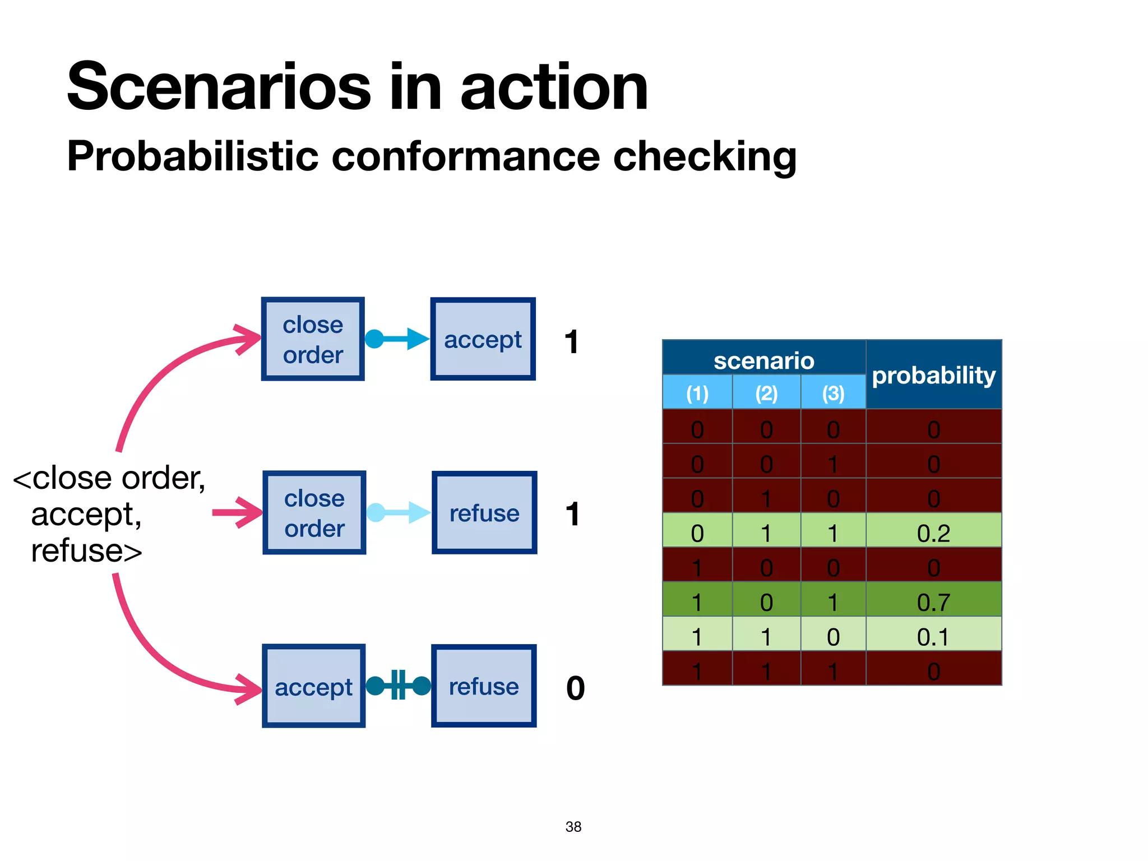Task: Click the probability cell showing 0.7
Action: pyautogui.click(x=933, y=603)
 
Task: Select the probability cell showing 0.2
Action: pyautogui.click(x=933, y=533)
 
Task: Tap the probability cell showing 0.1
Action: pyautogui.click(x=933, y=637)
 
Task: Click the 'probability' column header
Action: pyautogui.click(x=933, y=375)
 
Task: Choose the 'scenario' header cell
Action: pyautogui.click(x=763, y=360)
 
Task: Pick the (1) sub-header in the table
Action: pyautogui.click(x=697, y=393)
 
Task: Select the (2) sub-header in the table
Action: pyautogui.click(x=766, y=393)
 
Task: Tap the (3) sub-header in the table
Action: pyautogui.click(x=833, y=393)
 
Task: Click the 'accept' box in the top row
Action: pyautogui.click(x=483, y=339)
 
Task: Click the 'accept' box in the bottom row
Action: pyautogui.click(x=313, y=686)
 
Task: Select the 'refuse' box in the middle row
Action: pyautogui.click(x=484, y=512)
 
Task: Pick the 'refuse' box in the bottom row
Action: pyautogui.click(x=484, y=686)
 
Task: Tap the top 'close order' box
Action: pyautogui.click(x=313, y=339)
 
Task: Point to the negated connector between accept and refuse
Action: pyautogui.click(x=398, y=685)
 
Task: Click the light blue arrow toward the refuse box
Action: pyautogui.click(x=399, y=512)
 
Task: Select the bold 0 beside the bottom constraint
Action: pyautogui.click(x=575, y=688)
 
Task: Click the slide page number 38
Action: pyautogui.click(x=573, y=827)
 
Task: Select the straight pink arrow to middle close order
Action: pyautogui.click(x=237, y=512)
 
